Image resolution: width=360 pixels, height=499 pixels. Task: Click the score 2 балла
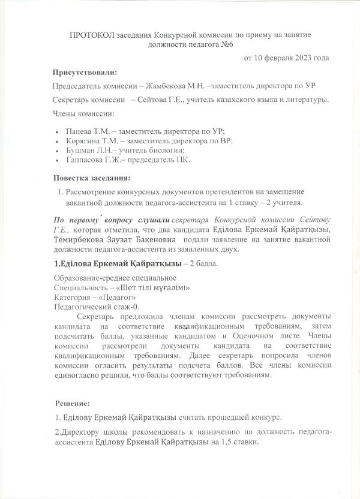[x=205, y=263]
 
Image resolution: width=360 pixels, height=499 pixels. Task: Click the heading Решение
[x=73, y=402]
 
